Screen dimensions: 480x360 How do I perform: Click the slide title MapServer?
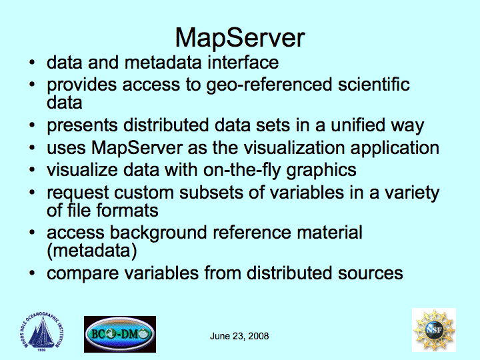[x=240, y=37]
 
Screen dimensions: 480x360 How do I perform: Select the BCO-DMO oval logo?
[x=120, y=334]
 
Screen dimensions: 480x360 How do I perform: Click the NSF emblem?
[x=434, y=330]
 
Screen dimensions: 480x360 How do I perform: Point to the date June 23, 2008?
[x=239, y=336]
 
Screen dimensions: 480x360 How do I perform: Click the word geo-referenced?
[x=269, y=85]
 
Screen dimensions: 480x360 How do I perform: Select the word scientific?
[x=374, y=84]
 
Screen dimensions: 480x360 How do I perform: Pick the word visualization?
[x=294, y=147]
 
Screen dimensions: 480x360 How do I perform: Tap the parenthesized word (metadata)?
[x=92, y=251]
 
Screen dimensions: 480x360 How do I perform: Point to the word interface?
[x=243, y=62]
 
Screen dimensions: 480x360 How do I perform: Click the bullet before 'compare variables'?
[x=32, y=273]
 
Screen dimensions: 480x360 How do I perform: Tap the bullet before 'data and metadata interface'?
[x=32, y=62]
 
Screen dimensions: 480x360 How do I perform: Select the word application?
[x=395, y=149]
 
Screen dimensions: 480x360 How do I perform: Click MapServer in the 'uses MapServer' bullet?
[x=137, y=149]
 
